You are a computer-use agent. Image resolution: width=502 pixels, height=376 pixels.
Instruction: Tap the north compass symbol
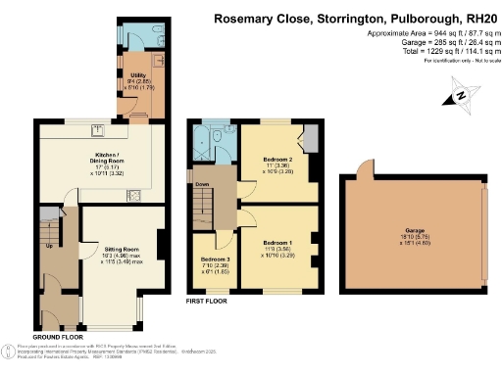point(456,96)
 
